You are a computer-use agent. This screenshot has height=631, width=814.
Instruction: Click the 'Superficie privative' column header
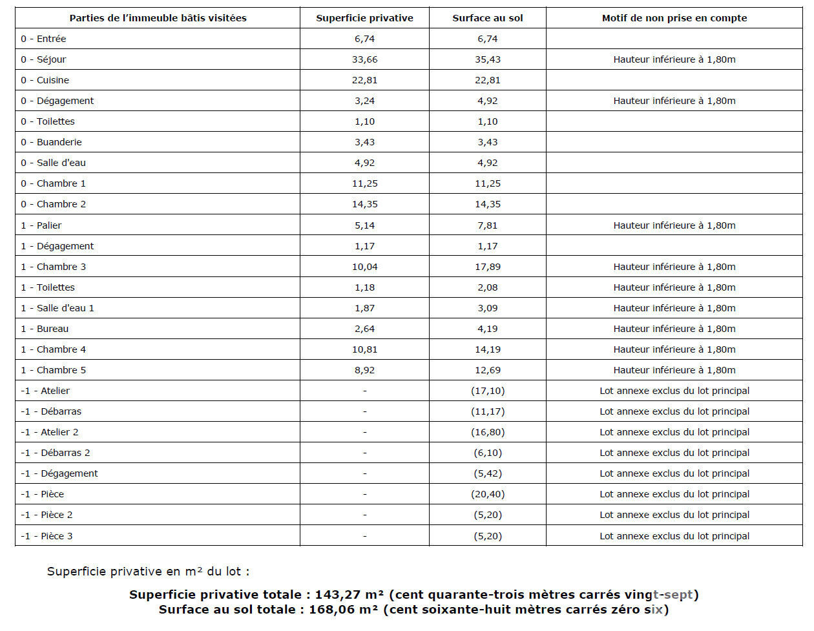(x=364, y=18)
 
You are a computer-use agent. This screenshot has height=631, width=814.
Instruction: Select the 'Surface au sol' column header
(x=487, y=18)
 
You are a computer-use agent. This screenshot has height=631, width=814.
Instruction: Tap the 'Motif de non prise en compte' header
(x=674, y=18)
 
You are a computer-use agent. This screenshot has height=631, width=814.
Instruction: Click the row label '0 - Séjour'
(x=43, y=59)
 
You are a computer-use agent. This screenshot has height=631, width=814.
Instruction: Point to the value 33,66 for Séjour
(x=364, y=59)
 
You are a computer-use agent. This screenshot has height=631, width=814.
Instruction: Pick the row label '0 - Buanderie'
(x=51, y=142)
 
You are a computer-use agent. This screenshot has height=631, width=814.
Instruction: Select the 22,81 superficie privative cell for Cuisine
(x=364, y=80)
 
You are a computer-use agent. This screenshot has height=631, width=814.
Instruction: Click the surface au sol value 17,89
(x=487, y=267)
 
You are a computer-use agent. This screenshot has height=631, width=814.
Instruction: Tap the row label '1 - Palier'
(x=41, y=225)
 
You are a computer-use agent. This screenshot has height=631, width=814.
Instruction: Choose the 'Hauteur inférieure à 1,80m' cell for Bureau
(x=674, y=329)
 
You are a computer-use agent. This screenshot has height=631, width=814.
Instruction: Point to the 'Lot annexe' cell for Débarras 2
(x=674, y=453)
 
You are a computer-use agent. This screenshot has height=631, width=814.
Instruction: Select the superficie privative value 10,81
(x=364, y=349)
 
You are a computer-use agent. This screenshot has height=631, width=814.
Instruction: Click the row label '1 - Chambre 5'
(x=54, y=370)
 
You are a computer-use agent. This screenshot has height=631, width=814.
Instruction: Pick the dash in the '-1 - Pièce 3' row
(x=364, y=536)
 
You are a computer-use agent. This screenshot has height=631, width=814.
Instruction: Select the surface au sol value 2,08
(x=487, y=287)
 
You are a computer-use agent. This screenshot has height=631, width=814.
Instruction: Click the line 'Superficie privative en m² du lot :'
(x=148, y=572)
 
